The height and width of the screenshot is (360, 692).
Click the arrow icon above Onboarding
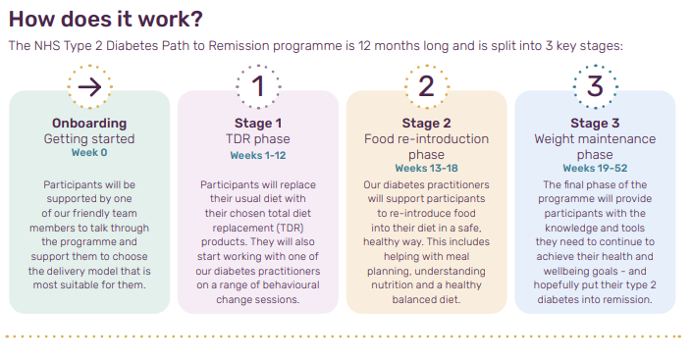(x=89, y=86)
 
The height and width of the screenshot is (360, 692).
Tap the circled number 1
(x=258, y=86)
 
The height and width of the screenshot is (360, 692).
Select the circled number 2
(x=426, y=86)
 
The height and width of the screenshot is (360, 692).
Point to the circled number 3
(x=595, y=86)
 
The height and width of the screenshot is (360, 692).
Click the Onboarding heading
(x=89, y=124)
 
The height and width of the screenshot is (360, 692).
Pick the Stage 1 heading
(x=258, y=124)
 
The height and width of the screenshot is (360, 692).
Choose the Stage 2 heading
(x=426, y=124)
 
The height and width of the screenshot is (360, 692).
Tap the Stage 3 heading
(x=595, y=124)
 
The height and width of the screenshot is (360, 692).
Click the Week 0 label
(x=89, y=153)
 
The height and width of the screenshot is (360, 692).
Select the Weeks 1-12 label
(x=258, y=155)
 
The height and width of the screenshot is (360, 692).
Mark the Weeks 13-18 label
(x=426, y=169)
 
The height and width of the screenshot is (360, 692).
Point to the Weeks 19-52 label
(x=595, y=169)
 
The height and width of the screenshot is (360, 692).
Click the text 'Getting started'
(x=89, y=139)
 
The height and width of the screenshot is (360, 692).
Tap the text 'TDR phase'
(x=258, y=139)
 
